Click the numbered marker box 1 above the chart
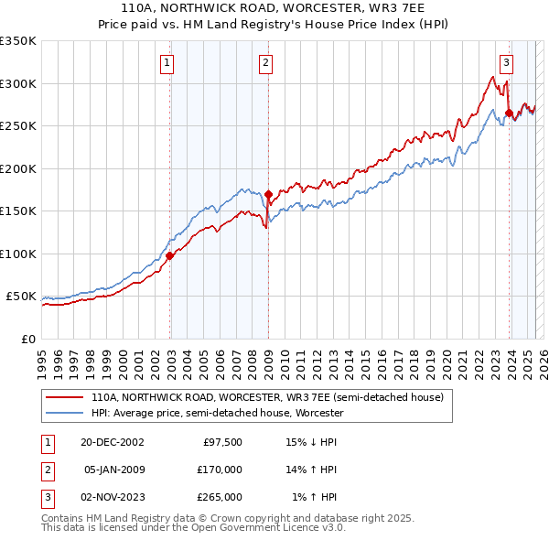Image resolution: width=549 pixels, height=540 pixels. click(168, 63)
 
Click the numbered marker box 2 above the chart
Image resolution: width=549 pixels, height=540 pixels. click(265, 63)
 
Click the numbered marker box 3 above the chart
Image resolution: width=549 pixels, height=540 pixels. click(506, 63)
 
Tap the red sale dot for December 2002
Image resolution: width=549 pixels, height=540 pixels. click(170, 256)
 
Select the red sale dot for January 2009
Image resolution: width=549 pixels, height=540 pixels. click(268, 194)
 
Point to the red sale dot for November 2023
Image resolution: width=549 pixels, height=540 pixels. click(509, 113)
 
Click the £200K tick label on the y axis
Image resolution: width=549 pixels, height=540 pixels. click(18, 169)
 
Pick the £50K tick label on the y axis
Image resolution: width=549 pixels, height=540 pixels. click(21, 297)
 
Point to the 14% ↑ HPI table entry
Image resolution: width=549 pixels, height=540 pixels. click(314, 470)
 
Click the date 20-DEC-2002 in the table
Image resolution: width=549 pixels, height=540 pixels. click(113, 442)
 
